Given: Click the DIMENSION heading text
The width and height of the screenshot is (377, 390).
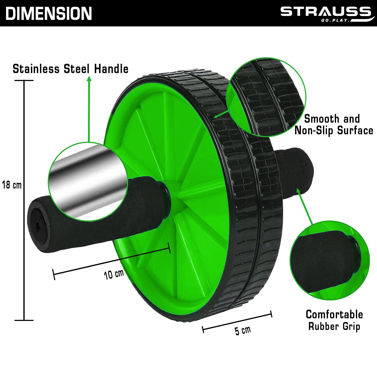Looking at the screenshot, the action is click(x=49, y=14).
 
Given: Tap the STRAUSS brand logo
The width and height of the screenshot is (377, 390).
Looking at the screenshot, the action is click(x=326, y=14).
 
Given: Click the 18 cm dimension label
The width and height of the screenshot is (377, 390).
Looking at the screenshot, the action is click(x=12, y=185).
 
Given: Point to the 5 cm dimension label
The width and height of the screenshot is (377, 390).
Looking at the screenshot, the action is click(x=243, y=330).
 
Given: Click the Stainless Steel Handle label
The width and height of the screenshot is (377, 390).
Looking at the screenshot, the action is click(x=71, y=69).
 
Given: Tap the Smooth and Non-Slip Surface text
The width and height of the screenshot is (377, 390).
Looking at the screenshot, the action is click(x=334, y=125).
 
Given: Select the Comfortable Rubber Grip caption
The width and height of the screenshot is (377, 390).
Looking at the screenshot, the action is click(x=334, y=320).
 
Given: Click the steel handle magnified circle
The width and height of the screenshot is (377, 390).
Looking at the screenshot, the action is click(x=88, y=181).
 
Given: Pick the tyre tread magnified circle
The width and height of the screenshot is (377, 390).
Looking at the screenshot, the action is click(x=266, y=97).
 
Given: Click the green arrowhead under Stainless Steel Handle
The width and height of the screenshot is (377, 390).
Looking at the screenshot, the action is click(x=89, y=79).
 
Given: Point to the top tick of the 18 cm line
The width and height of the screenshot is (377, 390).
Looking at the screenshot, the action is click(x=24, y=81).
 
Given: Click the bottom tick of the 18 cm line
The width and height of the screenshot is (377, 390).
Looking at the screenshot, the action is click(x=24, y=320).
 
